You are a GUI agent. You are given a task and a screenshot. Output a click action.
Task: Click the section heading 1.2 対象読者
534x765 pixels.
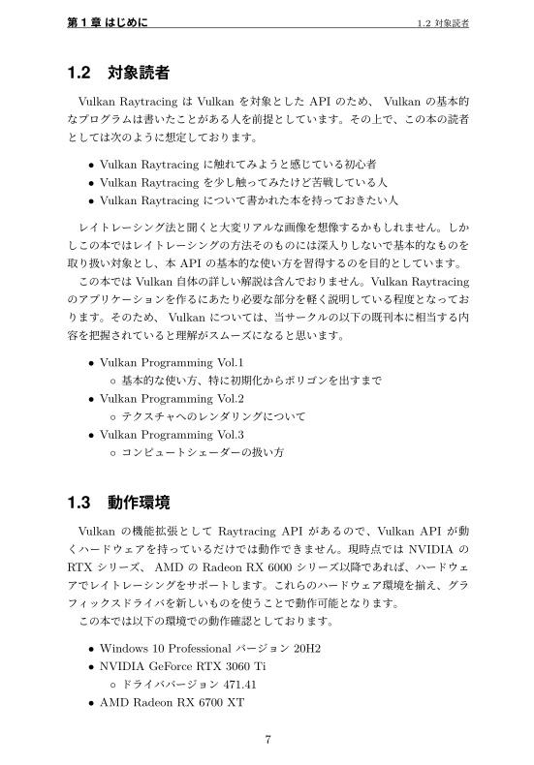tap(120, 73)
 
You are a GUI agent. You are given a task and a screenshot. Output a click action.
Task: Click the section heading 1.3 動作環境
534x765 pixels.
tap(120, 503)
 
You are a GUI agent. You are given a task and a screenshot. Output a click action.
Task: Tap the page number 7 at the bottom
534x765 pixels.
tap(267, 741)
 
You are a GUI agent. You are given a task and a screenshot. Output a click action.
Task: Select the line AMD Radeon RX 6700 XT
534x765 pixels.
tap(172, 702)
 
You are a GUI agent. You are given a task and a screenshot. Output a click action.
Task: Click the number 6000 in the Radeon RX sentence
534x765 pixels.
tap(268, 566)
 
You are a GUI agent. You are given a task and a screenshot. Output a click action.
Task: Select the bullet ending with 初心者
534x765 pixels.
tap(238, 164)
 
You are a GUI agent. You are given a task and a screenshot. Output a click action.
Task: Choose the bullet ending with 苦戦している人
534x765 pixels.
tap(243, 182)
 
